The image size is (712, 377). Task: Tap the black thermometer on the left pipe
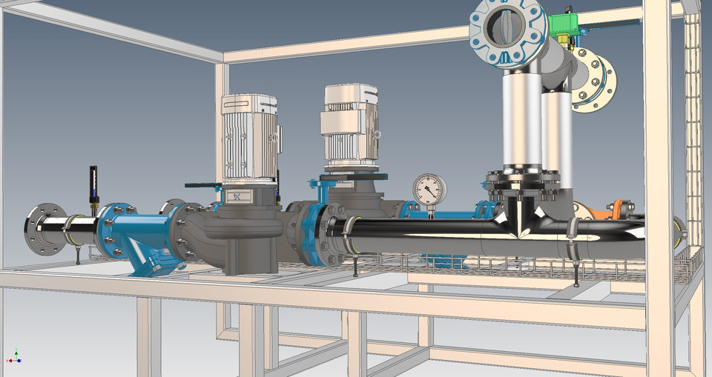(x=93, y=185)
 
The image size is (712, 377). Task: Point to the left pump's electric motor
(x=250, y=139)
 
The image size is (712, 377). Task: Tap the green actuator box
(x=565, y=24)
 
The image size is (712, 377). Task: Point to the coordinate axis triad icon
(x=13, y=356)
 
